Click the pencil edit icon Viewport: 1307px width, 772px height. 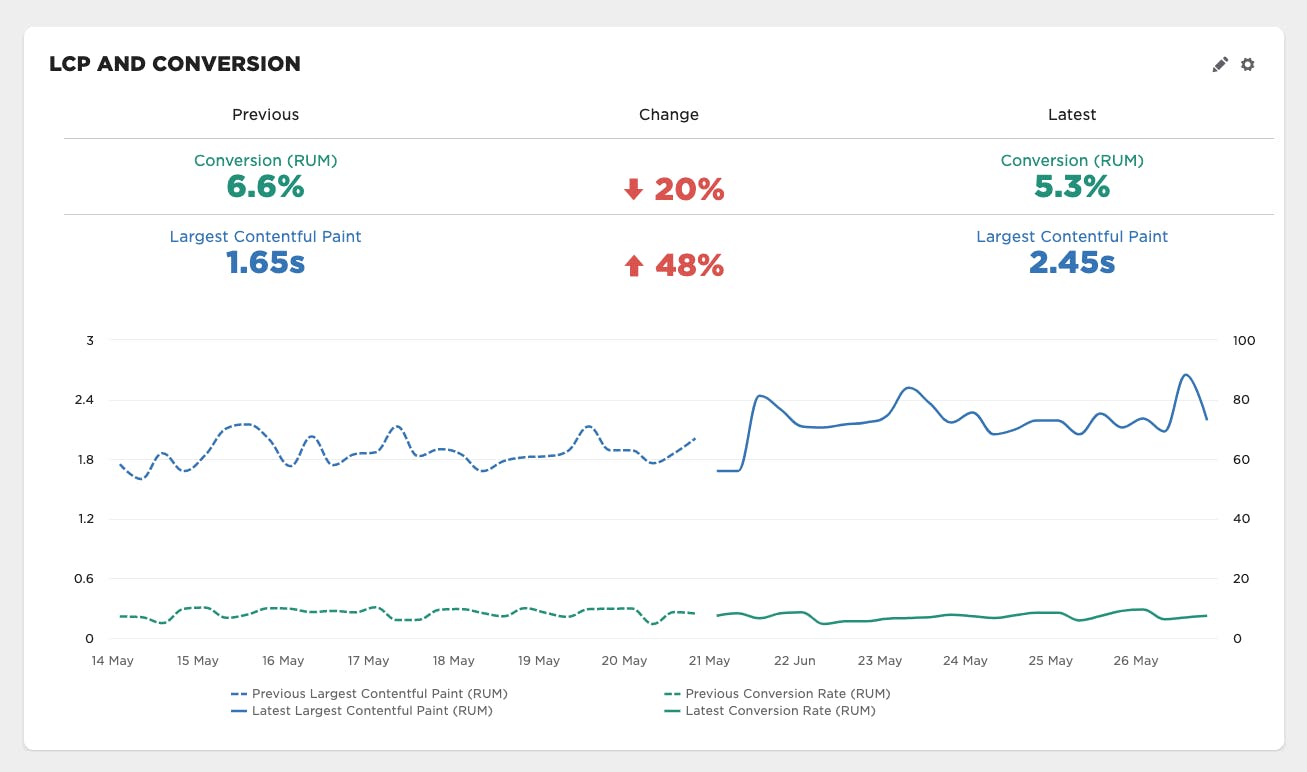pyautogui.click(x=1220, y=65)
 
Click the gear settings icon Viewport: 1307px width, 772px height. pyautogui.click(x=1247, y=65)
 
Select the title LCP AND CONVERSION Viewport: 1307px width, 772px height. pyautogui.click(x=175, y=64)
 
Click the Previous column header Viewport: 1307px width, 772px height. pyautogui.click(x=265, y=115)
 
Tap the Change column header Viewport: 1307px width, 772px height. pyautogui.click(x=669, y=115)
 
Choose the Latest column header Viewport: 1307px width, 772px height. pyautogui.click(x=1072, y=115)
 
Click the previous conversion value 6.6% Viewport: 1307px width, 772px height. pyautogui.click(x=265, y=187)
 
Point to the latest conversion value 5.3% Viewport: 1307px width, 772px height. pyautogui.click(x=1072, y=187)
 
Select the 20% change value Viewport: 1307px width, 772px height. pyautogui.click(x=689, y=190)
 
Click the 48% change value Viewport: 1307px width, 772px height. pyautogui.click(x=689, y=266)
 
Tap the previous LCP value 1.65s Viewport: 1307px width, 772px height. pyautogui.click(x=265, y=263)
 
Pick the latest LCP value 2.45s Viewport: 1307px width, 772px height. pyautogui.click(x=1072, y=263)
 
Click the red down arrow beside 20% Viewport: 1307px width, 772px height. pyautogui.click(x=633, y=190)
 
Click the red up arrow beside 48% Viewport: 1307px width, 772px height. pyautogui.click(x=633, y=266)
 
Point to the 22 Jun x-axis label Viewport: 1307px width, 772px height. pyautogui.click(x=795, y=661)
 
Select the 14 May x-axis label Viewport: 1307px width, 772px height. pyautogui.click(x=112, y=661)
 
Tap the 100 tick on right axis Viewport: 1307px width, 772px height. pyautogui.click(x=1243, y=341)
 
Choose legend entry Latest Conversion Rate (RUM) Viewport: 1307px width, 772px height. pyautogui.click(x=780, y=711)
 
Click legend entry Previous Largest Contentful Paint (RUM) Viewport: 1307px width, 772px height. pyautogui.click(x=379, y=693)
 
